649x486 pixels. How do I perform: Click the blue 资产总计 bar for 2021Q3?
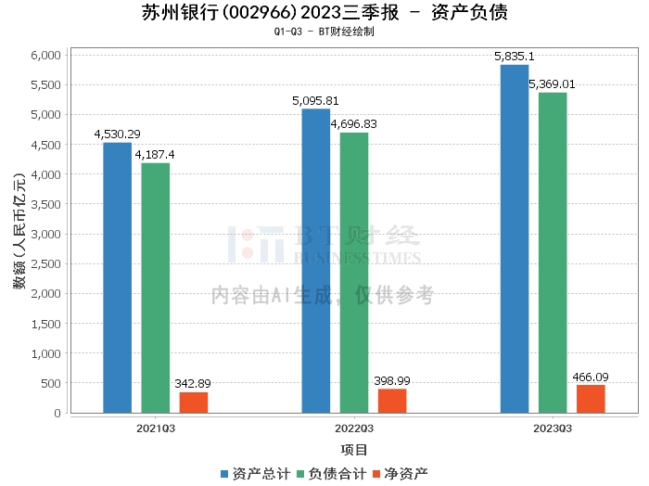[117, 277]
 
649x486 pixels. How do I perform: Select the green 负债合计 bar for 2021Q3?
[156, 288]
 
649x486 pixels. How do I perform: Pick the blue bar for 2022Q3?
[315, 261]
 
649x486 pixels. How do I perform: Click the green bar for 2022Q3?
[354, 273]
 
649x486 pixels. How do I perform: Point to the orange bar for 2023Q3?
[591, 399]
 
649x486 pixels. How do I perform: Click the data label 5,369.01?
[553, 84]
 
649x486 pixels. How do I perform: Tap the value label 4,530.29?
[117, 134]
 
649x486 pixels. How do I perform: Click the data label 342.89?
[194, 384]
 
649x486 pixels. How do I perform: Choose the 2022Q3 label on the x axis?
[354, 428]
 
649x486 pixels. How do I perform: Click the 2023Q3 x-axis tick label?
[553, 428]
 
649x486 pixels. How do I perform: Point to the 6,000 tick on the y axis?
[46, 56]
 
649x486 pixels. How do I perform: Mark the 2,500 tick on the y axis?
[46, 264]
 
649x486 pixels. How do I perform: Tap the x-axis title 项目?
[354, 450]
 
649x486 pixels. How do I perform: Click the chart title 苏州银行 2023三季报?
[324, 13]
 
